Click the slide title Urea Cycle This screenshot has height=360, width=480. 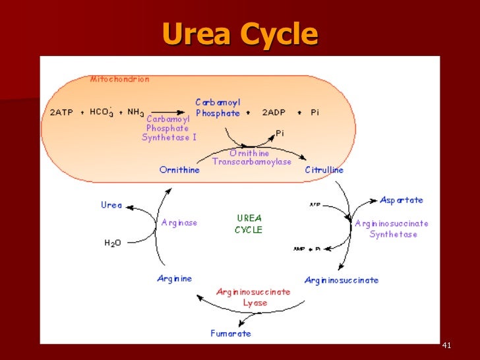pos(239,34)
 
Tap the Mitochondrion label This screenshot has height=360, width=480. pos(119,79)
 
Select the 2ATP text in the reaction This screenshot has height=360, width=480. pos(63,113)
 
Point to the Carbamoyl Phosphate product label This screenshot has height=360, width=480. pos(218,107)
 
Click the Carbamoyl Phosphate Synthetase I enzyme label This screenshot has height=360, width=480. pos(169,128)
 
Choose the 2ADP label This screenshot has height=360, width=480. pos(274,113)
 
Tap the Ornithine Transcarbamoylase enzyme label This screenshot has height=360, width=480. pos(251,158)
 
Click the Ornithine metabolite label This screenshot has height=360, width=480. pos(179,170)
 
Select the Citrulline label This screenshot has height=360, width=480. pos(324,170)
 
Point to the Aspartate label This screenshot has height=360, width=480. pos(401,200)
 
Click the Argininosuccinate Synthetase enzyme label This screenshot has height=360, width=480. pos(392,229)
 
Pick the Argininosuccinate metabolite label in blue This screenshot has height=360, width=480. pos(341,280)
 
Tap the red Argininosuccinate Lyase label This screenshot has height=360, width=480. pos(253,297)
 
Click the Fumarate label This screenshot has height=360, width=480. pos(231,333)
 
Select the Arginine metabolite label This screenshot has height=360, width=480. pos(174,278)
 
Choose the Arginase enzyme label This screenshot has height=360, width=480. pos(179,223)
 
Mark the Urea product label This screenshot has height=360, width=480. pos(111,205)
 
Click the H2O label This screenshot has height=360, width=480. pos(113,243)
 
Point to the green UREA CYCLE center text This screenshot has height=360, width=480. pos(249,224)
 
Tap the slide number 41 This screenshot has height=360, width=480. pos(446,346)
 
